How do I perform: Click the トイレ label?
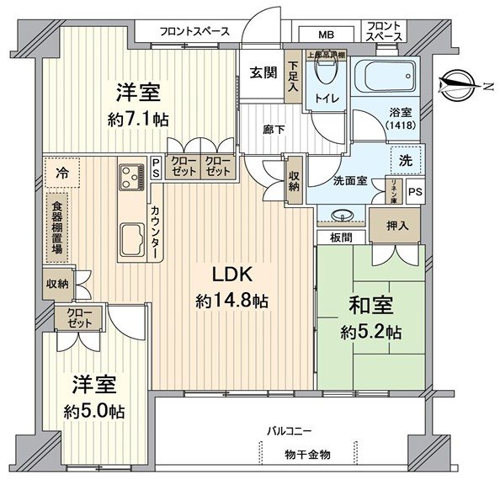(x=327, y=99)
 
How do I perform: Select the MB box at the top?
(x=324, y=35)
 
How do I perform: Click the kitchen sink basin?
(x=131, y=238)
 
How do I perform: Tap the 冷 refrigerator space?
(x=61, y=173)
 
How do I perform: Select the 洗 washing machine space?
(x=406, y=158)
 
